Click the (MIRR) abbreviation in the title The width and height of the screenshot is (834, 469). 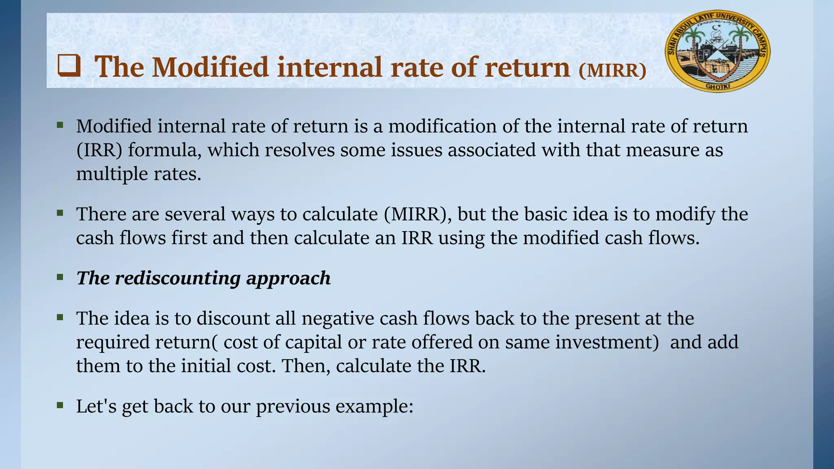coord(612,70)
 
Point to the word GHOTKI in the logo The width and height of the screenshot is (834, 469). coord(718,86)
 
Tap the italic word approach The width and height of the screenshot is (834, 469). coord(288,278)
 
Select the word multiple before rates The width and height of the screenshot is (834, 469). coord(112,174)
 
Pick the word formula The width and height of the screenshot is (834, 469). coord(165,150)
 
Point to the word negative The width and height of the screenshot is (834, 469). coord(338,318)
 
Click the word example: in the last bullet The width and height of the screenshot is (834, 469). coord(374,406)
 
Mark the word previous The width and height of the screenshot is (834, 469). coord(293,406)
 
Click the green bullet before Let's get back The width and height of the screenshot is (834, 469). coord(60,405)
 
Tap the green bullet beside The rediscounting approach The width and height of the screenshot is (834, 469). coord(60,277)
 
